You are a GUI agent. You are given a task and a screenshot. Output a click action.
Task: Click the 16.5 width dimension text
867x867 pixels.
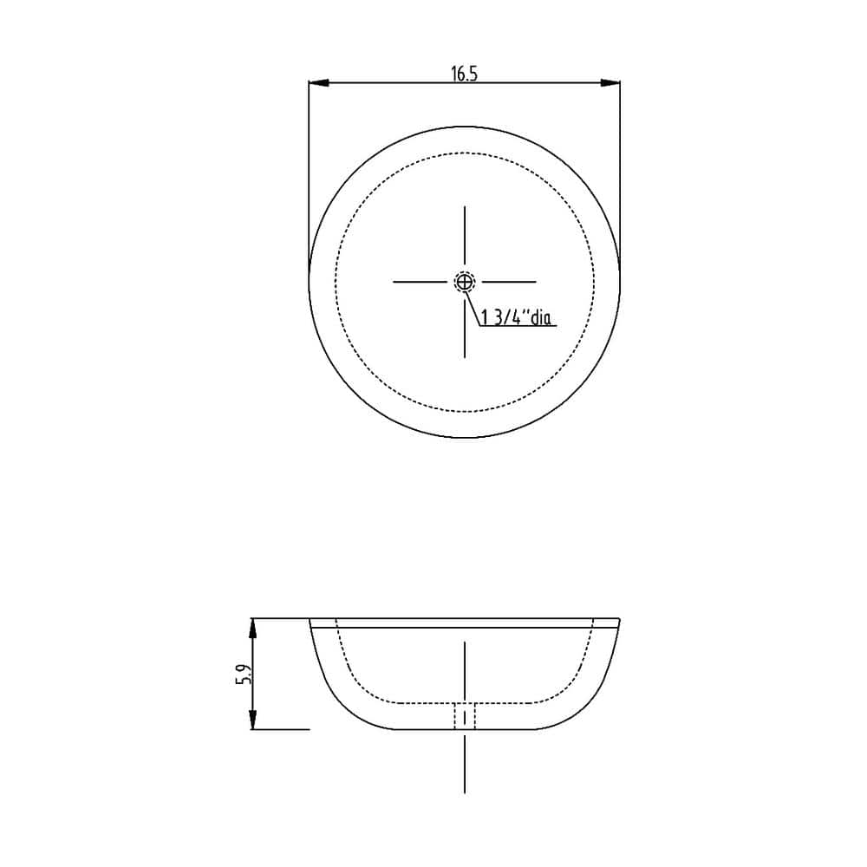pyautogui.click(x=464, y=74)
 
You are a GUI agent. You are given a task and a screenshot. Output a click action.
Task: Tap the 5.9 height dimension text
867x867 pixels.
pyautogui.click(x=244, y=674)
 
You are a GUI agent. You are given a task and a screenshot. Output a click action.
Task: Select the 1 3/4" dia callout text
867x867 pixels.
pyautogui.click(x=517, y=318)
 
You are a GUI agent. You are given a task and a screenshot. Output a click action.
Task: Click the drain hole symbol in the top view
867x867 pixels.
pyautogui.click(x=465, y=282)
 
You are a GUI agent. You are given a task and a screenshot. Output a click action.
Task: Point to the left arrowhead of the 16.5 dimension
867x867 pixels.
pyautogui.click(x=319, y=83)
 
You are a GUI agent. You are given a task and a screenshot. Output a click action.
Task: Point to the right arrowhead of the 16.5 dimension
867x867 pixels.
pyautogui.click(x=610, y=83)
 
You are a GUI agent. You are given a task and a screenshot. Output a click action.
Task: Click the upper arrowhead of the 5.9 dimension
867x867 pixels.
pyautogui.click(x=253, y=629)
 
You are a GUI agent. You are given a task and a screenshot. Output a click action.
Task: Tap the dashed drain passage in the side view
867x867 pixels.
pyautogui.click(x=465, y=716)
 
